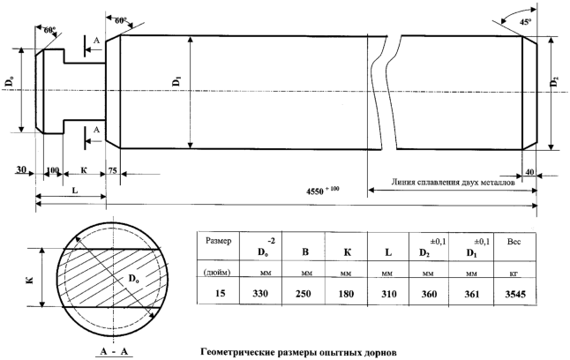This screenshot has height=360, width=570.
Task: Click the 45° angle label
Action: click(525, 22)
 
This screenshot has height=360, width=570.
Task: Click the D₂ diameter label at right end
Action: click(554, 82)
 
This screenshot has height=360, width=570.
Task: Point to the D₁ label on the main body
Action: click(176, 80)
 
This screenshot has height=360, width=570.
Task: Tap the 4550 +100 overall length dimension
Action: click(322, 191)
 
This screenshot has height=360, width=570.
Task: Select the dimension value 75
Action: click(113, 169)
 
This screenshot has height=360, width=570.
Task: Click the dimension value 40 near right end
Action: click(530, 172)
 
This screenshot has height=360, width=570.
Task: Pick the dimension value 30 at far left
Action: click(21, 169)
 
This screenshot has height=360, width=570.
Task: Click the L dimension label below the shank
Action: click(76, 191)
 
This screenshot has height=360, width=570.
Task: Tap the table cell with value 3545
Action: click(515, 294)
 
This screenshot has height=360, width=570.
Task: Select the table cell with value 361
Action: click(471, 294)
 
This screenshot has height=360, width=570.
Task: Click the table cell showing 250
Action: click(303, 294)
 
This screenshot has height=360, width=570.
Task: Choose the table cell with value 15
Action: click(221, 293)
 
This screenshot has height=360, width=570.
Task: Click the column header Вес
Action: click(514, 242)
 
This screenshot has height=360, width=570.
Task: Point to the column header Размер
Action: click(218, 241)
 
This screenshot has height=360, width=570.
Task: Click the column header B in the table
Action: click(305, 252)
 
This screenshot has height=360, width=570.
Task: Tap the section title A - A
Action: click(114, 351)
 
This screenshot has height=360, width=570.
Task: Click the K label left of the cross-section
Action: click(30, 279)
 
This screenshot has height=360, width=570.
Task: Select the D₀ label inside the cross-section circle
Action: click(133, 279)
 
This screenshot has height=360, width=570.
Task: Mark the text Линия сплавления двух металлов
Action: click(453, 182)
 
